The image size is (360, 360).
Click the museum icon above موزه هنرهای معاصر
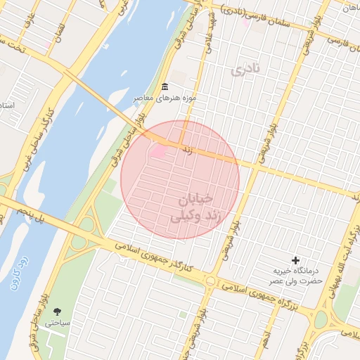pos(165,86)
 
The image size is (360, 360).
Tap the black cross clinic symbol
pos(295,260)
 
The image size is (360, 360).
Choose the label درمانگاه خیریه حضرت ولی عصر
pos(297,276)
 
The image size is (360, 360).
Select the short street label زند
pos(186,149)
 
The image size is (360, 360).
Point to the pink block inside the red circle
pos(158,151)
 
